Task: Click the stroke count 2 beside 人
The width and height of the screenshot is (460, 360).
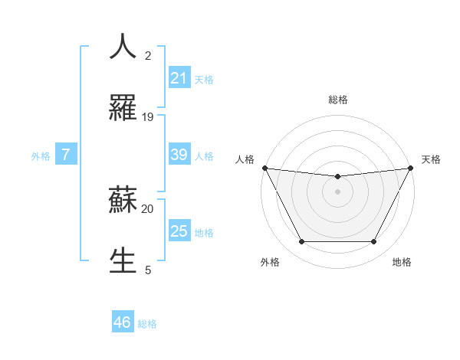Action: coord(148,55)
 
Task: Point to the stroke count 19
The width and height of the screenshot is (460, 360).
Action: coord(148,117)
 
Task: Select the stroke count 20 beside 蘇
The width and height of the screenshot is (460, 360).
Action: coord(148,208)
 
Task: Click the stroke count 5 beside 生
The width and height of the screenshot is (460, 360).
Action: coord(148,270)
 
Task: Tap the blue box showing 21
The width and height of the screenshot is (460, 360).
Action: coord(179,78)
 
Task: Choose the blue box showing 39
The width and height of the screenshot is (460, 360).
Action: coord(179,155)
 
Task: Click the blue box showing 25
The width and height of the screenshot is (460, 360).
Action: coord(179,231)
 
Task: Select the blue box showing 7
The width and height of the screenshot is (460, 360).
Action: coord(66,155)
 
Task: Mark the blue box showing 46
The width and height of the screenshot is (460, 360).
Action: coord(122,322)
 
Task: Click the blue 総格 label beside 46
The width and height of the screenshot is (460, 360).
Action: coord(147,324)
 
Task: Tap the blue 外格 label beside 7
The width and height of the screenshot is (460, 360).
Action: coord(41,156)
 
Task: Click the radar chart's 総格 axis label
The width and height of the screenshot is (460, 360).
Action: coord(337,100)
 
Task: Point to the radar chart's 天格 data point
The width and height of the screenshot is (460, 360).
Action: coord(411,168)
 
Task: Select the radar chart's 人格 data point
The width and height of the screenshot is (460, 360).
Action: coord(264,168)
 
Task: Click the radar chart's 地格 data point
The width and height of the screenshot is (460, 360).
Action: coord(374,242)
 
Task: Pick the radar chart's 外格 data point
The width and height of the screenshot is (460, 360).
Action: coord(301,242)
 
